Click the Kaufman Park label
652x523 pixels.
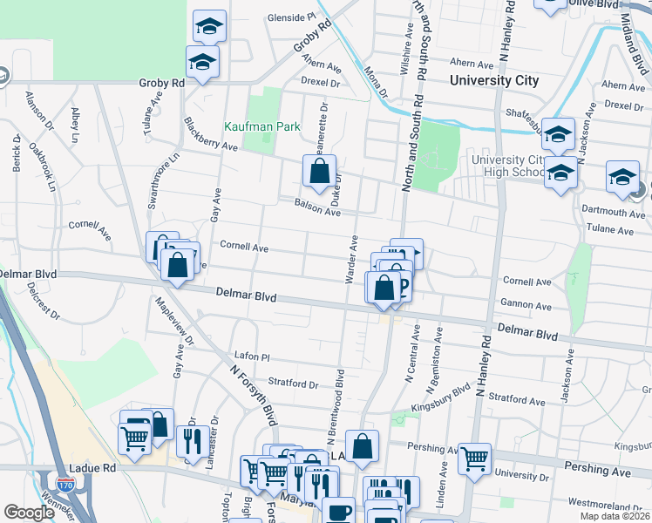click(x=262, y=126)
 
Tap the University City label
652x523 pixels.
click(x=493, y=80)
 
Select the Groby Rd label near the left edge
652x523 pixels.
click(x=161, y=83)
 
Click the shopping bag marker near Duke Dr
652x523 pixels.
click(x=320, y=171)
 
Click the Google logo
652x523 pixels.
click(x=29, y=513)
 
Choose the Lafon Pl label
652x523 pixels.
click(x=253, y=357)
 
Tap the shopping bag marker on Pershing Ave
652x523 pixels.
click(x=363, y=445)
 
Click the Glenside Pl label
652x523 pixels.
click(x=290, y=17)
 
